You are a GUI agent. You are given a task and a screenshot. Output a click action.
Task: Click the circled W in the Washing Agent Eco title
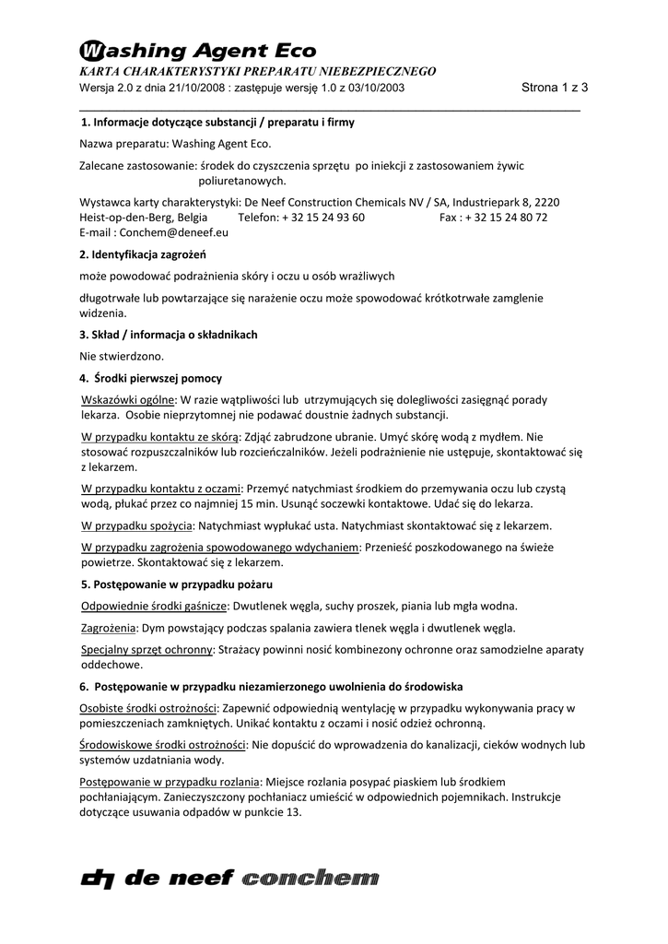[x=91, y=50]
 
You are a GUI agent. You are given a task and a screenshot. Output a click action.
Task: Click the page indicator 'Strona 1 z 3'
[x=555, y=88]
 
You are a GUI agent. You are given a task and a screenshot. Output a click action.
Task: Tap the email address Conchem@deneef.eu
[x=175, y=232]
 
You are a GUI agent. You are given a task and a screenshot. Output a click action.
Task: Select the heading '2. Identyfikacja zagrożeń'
[x=143, y=254]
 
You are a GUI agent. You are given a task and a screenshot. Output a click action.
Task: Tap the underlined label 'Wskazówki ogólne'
[x=128, y=400]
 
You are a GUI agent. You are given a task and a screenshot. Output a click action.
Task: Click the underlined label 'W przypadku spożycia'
[x=136, y=525]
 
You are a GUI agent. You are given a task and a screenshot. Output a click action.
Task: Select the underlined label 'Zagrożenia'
[x=109, y=628]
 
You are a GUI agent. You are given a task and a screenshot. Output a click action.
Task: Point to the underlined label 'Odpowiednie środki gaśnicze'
[x=154, y=607]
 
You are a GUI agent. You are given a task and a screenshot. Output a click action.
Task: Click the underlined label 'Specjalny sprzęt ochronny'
[x=147, y=650]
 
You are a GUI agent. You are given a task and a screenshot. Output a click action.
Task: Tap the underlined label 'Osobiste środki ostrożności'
[x=148, y=708]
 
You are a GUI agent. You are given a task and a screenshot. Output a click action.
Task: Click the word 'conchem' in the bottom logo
[x=310, y=879]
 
